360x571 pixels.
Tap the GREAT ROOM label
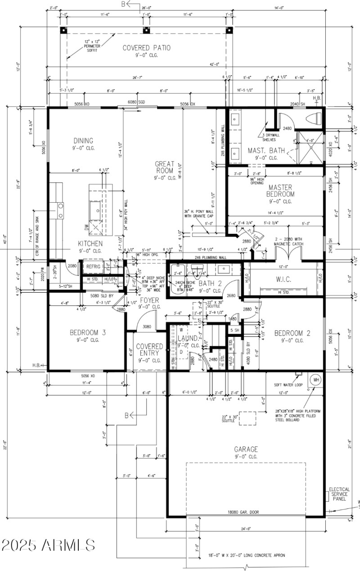165,168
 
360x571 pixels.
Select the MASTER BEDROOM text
281,190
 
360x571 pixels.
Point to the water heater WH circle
315,379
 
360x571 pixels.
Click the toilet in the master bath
314,119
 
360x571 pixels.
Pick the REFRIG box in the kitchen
94,267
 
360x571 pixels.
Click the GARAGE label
246,449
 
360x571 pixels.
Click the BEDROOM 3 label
88,333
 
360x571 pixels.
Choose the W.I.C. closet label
284,279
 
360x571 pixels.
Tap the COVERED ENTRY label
149,350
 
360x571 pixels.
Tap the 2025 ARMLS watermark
48,545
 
